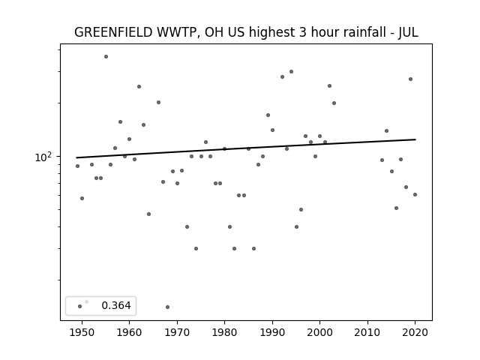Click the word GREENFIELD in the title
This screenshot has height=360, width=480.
[113, 32]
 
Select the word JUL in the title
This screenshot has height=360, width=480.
[408, 32]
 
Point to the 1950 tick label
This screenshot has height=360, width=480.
[82, 332]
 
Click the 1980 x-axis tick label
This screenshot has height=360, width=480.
[224, 332]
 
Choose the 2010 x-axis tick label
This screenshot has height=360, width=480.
[367, 332]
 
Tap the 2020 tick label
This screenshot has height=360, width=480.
[415, 332]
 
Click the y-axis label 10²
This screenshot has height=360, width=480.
[43, 157]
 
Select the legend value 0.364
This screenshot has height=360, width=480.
[116, 305]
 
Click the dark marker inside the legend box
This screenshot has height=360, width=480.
[80, 306]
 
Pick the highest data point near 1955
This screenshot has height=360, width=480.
[106, 57]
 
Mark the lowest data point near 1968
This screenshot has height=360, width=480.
[167, 307]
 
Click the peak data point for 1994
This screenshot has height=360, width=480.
[292, 72]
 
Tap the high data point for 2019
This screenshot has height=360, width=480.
[410, 79]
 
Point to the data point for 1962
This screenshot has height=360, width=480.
[139, 87]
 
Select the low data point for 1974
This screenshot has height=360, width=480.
[196, 248]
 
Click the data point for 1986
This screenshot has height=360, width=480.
[253, 248]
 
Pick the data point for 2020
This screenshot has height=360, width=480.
[415, 195]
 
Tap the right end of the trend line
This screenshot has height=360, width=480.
[415, 139]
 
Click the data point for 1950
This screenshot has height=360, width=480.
[82, 198]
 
